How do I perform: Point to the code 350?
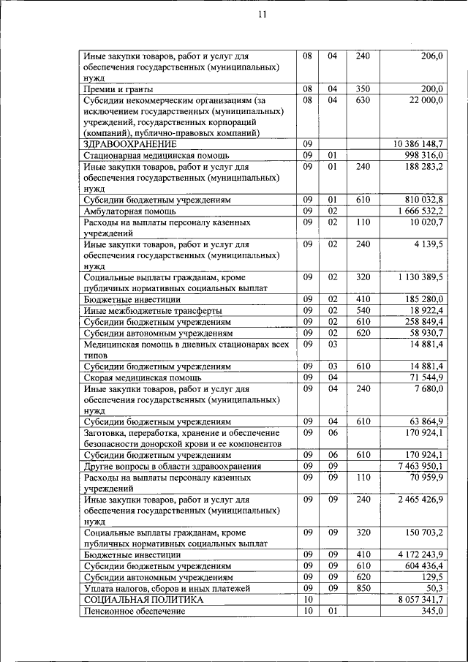(x=363, y=89)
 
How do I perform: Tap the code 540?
(x=363, y=310)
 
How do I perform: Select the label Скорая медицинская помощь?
(x=143, y=377)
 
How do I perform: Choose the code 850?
(x=363, y=587)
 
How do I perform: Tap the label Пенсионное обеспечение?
(x=134, y=611)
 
